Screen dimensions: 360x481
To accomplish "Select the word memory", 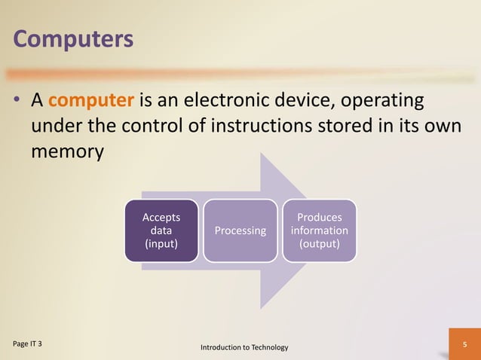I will pos(66,151).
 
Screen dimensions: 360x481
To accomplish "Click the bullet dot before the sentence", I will pos(16,101).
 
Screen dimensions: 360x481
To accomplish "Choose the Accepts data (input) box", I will pos(161,230).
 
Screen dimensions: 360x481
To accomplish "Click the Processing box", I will pos(240,230).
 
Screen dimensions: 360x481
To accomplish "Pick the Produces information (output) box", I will pos(319,230).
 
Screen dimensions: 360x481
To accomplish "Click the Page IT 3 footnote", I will pos(27,343).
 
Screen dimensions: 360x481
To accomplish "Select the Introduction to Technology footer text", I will pos(244,347).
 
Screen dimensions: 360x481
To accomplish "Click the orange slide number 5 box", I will pos(464,344).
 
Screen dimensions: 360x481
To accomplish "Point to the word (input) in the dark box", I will pos(161,244).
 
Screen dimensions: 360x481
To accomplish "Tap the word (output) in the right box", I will pos(319,244).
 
